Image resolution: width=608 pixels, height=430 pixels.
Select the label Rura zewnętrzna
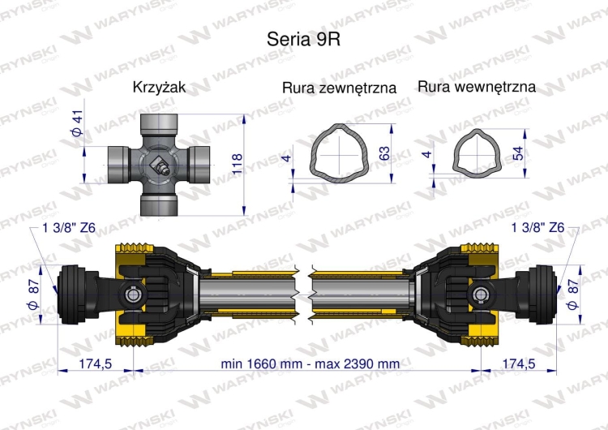click(339, 88)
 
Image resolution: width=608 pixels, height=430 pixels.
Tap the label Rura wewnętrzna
click(477, 86)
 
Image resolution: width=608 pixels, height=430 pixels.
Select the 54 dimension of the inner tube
click(518, 152)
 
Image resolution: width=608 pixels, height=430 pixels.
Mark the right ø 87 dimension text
click(573, 291)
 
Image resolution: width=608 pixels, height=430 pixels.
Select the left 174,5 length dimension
click(94, 363)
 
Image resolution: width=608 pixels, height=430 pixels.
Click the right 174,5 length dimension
click(520, 363)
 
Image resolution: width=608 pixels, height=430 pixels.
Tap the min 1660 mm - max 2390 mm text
click(310, 363)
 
